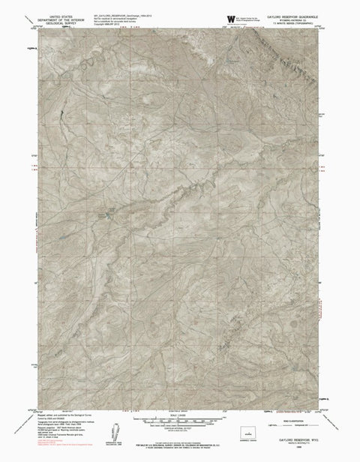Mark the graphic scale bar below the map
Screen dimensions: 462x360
tap(180, 421)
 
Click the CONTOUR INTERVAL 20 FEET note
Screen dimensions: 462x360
tap(180, 428)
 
